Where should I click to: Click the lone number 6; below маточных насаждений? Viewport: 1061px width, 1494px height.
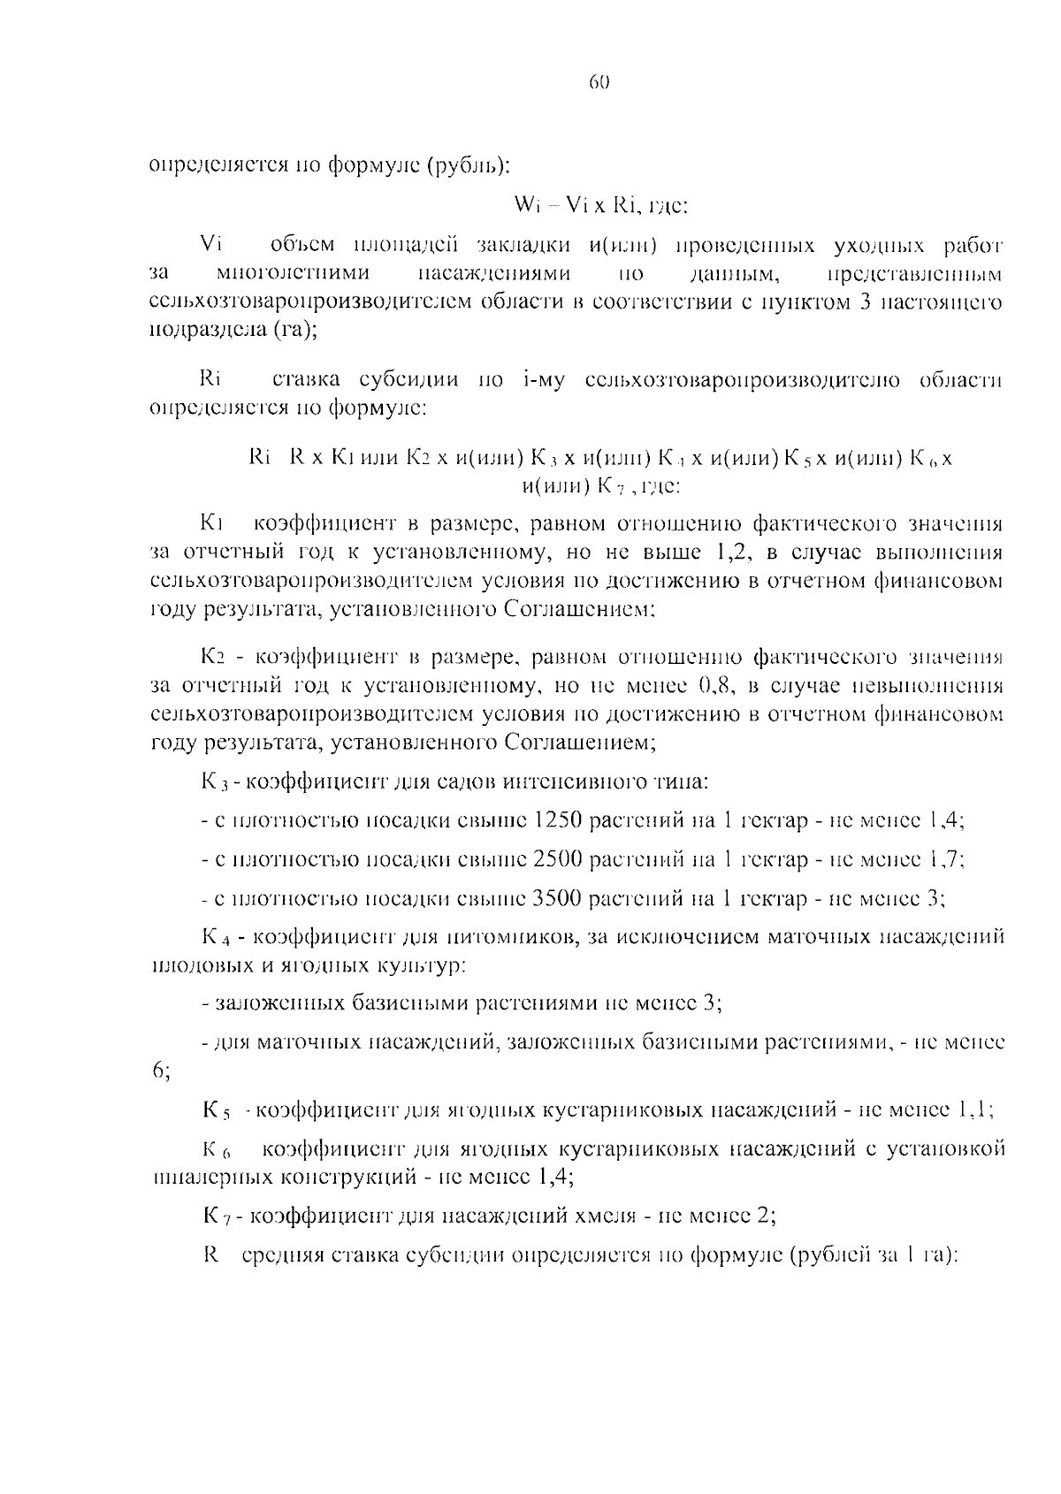coord(160,1071)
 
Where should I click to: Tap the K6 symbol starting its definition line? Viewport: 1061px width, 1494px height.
coord(217,1150)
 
